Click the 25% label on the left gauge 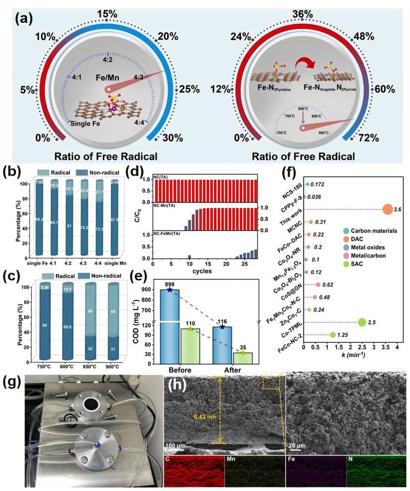pyautogui.click(x=189, y=90)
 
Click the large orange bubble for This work pyautogui.click(x=374, y=209)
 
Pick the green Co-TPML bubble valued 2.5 pyautogui.click(x=362, y=322)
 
